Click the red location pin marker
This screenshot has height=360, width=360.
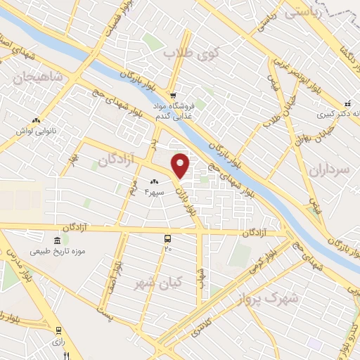(x=181, y=165)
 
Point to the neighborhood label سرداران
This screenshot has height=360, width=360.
(x=328, y=170)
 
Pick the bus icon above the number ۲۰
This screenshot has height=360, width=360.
(x=167, y=238)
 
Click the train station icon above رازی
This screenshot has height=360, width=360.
(x=58, y=330)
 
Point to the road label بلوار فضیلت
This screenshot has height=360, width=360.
(x=112, y=21)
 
